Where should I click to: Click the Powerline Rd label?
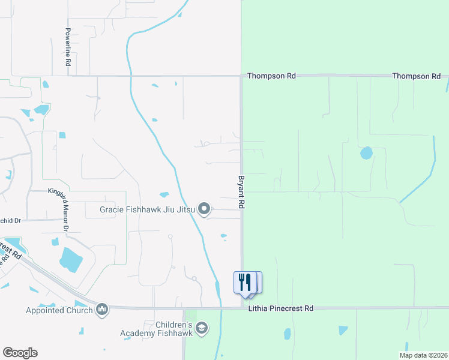pyautogui.click(x=69, y=47)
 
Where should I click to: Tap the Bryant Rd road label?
pyautogui.click(x=241, y=192)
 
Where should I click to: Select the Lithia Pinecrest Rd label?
pyautogui.click(x=281, y=308)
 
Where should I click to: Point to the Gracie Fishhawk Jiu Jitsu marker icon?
pyautogui.click(x=205, y=209)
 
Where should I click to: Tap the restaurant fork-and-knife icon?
pyautogui.click(x=245, y=282)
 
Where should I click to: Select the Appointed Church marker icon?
pyautogui.click(x=101, y=309)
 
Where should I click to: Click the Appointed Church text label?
pyautogui.click(x=59, y=310)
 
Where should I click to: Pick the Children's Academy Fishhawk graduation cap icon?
pyautogui.click(x=202, y=328)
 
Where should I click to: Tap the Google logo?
pyautogui.click(x=20, y=353)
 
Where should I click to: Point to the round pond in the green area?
pyautogui.click(x=366, y=153)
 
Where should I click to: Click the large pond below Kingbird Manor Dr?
pyautogui.click(x=71, y=259)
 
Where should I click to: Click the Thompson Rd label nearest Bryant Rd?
pyautogui.click(x=271, y=76)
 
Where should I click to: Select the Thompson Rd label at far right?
pyautogui.click(x=417, y=76)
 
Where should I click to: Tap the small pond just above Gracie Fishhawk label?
pyautogui.click(x=164, y=194)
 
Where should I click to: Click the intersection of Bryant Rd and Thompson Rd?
pyautogui.click(x=241, y=76)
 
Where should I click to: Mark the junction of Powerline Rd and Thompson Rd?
pyautogui.click(x=69, y=76)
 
